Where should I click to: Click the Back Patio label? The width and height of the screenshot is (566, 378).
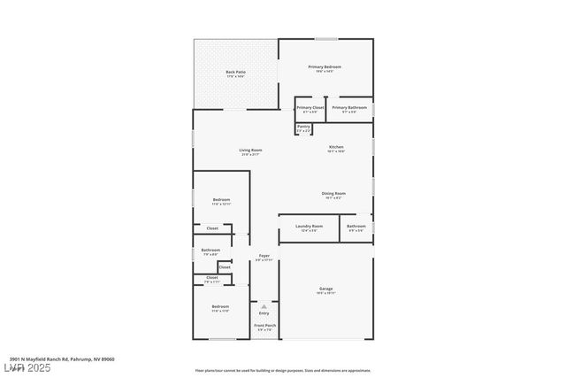[x=235, y=72]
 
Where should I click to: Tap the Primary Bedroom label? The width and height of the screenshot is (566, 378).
[x=325, y=67]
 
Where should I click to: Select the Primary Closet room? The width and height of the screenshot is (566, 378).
[x=310, y=109]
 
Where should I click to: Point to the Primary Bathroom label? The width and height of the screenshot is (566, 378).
[x=349, y=109]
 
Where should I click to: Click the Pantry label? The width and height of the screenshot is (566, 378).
[x=303, y=127]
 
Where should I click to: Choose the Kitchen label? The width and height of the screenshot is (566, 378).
[x=336, y=147]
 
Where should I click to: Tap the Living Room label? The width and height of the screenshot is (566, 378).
[x=250, y=150]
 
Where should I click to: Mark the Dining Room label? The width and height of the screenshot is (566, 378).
[x=333, y=193]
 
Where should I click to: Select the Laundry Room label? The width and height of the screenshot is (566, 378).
[x=309, y=227]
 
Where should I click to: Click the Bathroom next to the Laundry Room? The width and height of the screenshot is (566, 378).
[x=356, y=227]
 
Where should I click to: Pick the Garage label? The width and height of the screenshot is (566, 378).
[x=325, y=289]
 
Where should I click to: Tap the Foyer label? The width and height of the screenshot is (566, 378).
[x=264, y=257]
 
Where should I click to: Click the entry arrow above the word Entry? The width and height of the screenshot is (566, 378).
[x=264, y=306]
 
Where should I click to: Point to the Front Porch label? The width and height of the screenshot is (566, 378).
[x=264, y=326]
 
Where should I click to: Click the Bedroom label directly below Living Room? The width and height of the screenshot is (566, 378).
[x=221, y=201]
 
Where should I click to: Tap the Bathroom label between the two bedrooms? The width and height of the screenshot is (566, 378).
[x=210, y=251]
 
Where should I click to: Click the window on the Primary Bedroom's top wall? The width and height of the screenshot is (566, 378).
[x=325, y=38]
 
